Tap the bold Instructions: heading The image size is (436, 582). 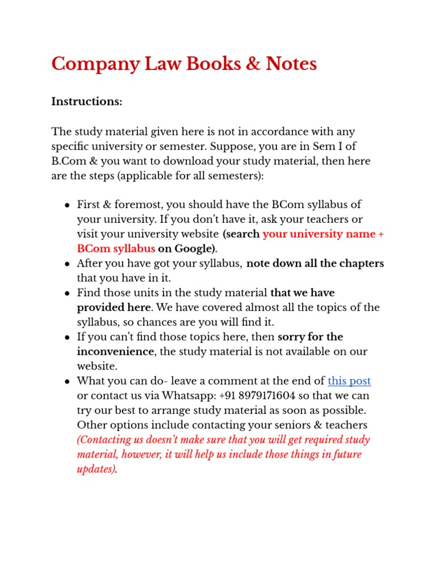[87, 102]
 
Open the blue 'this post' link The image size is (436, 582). [349, 381]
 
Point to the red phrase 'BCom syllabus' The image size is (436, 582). [116, 248]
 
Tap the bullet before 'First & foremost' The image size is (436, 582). [67, 205]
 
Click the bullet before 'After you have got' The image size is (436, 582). [67, 264]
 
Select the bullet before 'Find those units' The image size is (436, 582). [67, 294]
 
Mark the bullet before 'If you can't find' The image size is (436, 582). [67, 338]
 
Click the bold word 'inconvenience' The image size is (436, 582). [115, 352]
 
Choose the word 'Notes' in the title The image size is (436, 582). [288, 64]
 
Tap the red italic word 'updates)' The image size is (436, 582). [96, 469]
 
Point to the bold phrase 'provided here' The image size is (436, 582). [114, 307]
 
